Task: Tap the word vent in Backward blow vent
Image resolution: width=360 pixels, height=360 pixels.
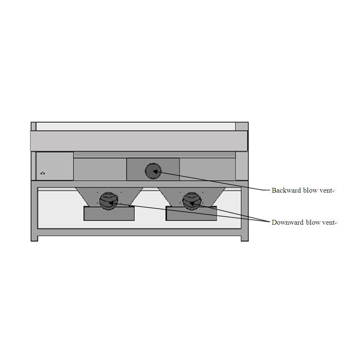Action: (326, 190)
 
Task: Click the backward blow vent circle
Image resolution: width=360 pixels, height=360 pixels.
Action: (153, 171)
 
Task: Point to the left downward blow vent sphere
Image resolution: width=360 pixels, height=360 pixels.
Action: (109, 201)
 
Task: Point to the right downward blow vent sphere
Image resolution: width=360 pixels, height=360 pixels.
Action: (192, 201)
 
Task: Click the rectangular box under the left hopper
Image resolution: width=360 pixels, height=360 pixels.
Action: (109, 213)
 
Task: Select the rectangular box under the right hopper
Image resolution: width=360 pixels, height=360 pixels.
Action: (191, 213)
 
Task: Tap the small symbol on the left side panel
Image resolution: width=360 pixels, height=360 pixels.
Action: (42, 173)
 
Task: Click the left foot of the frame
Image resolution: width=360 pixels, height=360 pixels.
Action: (34, 238)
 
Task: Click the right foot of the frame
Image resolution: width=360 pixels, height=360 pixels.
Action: (245, 238)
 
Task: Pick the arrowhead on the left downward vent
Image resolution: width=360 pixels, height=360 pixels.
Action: (111, 203)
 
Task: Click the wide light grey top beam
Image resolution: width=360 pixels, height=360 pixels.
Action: (139, 141)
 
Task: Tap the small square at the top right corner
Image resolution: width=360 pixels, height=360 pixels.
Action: (242, 126)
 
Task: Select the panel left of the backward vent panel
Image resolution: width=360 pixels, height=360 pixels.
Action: (100, 169)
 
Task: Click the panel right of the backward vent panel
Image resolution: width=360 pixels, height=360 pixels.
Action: (208, 169)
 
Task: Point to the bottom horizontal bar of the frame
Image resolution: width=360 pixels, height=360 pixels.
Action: (140, 232)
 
